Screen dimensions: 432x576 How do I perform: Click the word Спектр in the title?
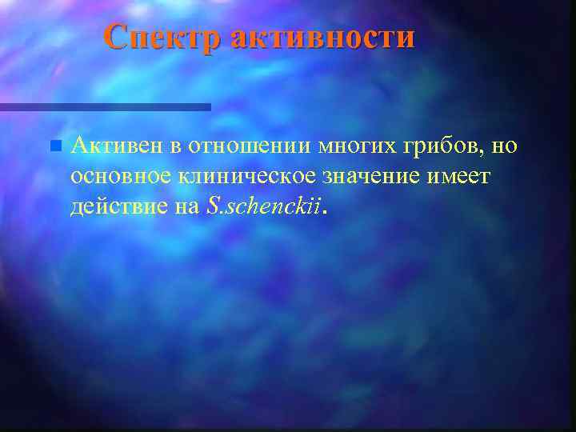[164, 37]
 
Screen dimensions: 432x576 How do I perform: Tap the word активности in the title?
[323, 37]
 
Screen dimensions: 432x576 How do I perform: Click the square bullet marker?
[54, 147]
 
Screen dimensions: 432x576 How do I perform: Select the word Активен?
[117, 147]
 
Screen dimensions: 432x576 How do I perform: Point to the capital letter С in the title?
[117, 37]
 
